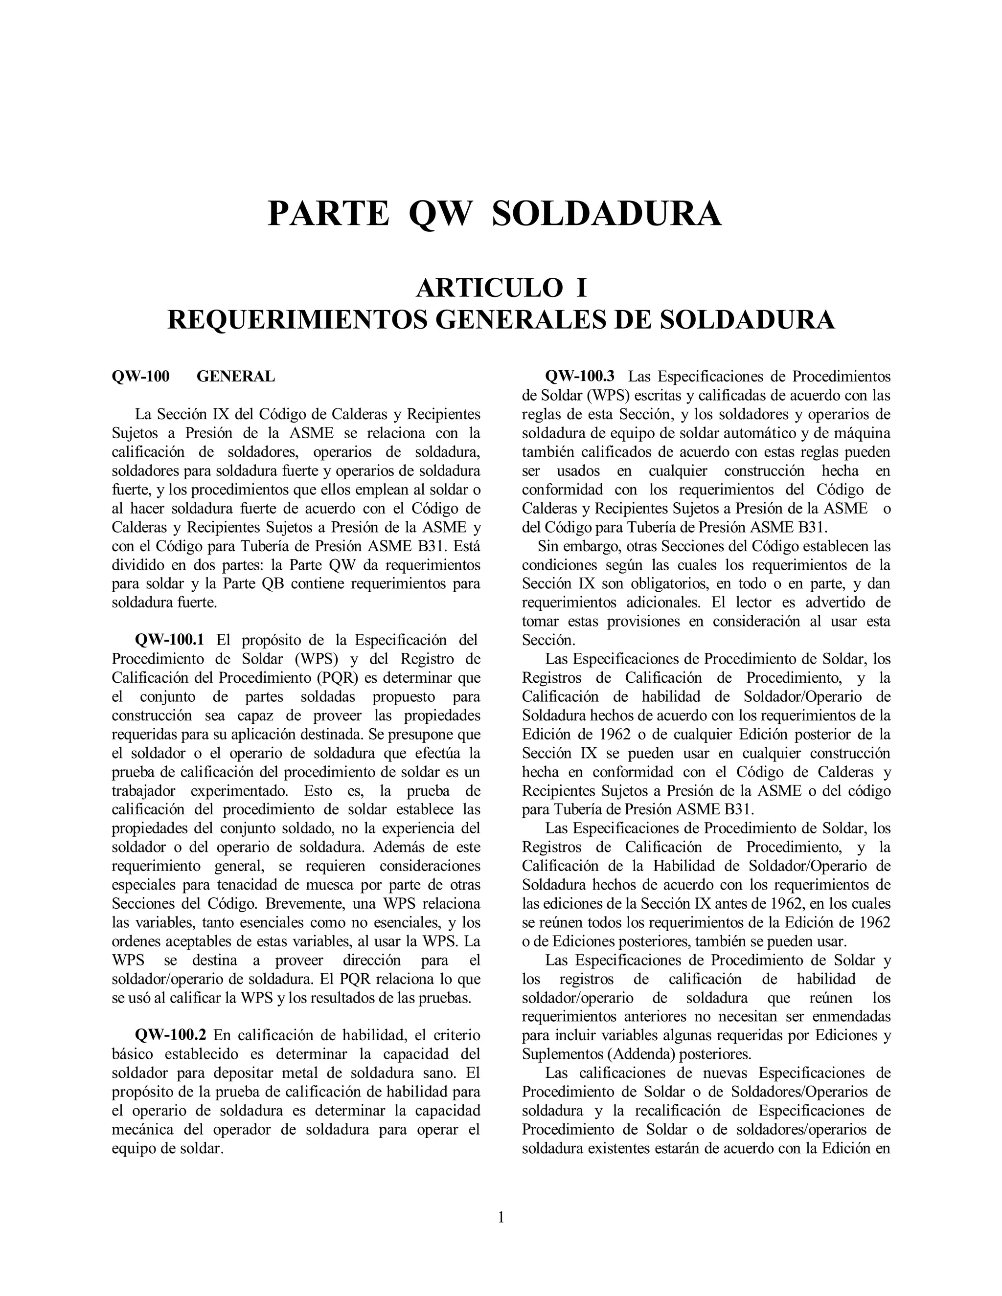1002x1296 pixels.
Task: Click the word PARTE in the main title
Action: [x=328, y=214]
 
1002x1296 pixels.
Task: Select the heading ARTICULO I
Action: [x=501, y=289]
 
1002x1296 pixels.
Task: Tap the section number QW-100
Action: [x=141, y=376]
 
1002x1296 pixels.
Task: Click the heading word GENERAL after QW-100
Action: [x=236, y=376]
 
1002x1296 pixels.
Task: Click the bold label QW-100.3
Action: [x=580, y=376]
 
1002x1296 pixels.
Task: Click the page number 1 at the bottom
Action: [x=501, y=1218]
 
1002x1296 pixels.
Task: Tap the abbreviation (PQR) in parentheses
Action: [x=338, y=678]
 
